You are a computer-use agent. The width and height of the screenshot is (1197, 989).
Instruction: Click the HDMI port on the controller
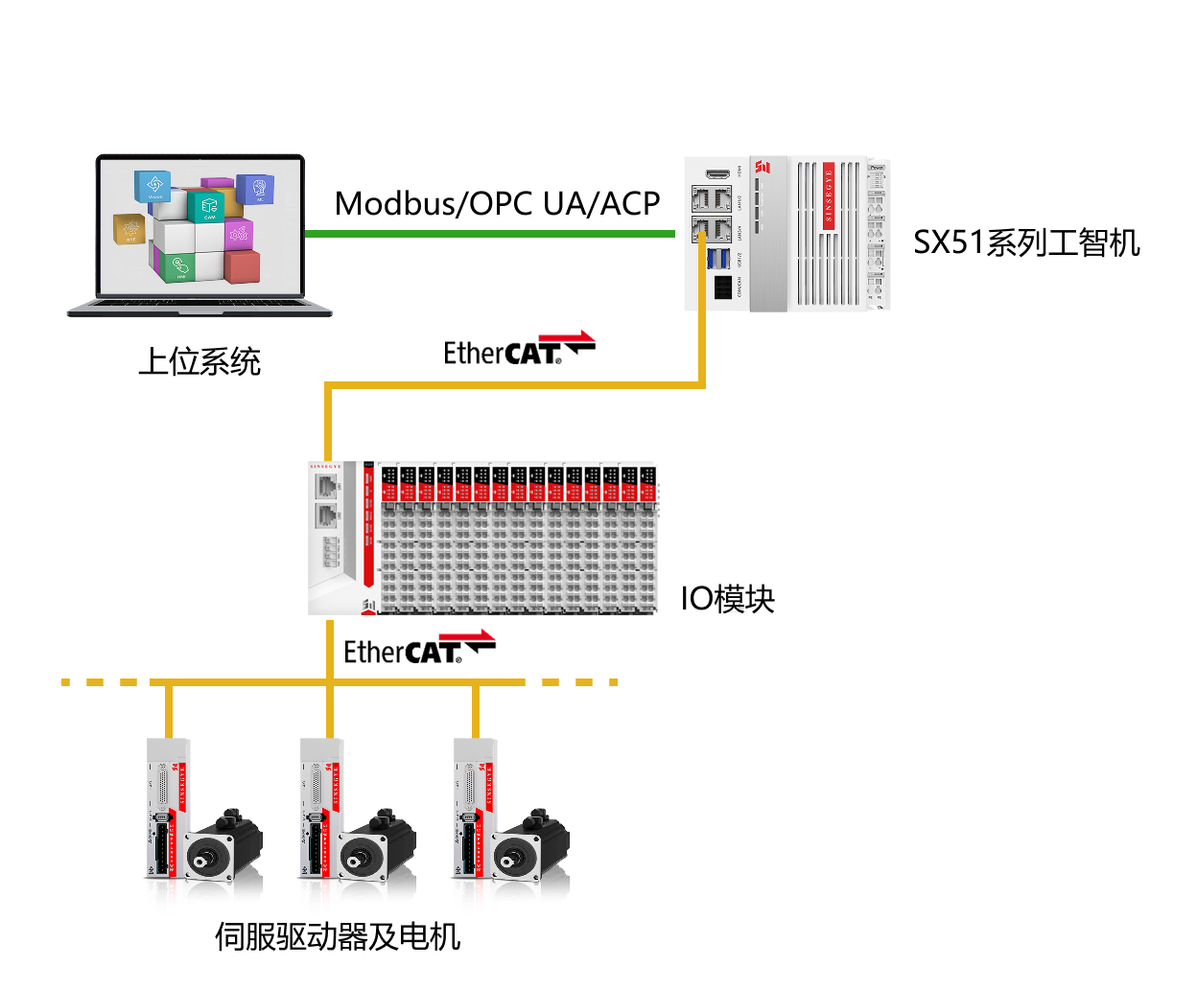click(x=717, y=174)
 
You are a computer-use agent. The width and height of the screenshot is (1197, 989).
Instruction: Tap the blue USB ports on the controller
click(x=718, y=259)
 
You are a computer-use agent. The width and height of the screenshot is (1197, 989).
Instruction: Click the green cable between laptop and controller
click(x=489, y=233)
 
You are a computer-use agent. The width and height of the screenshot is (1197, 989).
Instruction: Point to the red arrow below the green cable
click(x=567, y=336)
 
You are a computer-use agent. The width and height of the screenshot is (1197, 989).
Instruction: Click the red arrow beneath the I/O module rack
click(x=467, y=635)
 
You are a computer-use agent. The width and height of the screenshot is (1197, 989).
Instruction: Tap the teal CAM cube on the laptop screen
click(x=207, y=206)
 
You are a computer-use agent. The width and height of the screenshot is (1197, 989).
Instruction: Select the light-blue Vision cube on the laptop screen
click(x=153, y=185)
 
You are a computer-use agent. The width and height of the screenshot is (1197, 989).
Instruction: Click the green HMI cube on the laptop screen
click(x=178, y=266)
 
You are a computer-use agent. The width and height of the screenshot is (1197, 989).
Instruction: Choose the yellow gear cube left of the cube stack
click(x=130, y=230)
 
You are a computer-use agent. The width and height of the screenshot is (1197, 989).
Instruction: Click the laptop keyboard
click(x=199, y=304)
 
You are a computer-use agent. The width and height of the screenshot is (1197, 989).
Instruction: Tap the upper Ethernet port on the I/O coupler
click(x=326, y=485)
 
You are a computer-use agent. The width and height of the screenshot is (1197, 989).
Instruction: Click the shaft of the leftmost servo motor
click(x=201, y=860)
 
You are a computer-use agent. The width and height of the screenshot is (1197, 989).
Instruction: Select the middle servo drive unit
click(x=322, y=824)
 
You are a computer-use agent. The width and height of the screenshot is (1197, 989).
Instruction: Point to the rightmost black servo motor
click(x=532, y=853)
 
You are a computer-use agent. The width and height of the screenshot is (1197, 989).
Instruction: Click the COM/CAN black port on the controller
click(x=722, y=287)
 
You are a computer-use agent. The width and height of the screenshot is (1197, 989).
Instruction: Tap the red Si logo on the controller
click(x=763, y=168)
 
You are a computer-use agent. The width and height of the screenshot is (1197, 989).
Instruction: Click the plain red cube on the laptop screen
click(x=243, y=265)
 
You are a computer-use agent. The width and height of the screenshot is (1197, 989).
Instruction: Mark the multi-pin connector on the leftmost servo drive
click(x=160, y=786)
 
